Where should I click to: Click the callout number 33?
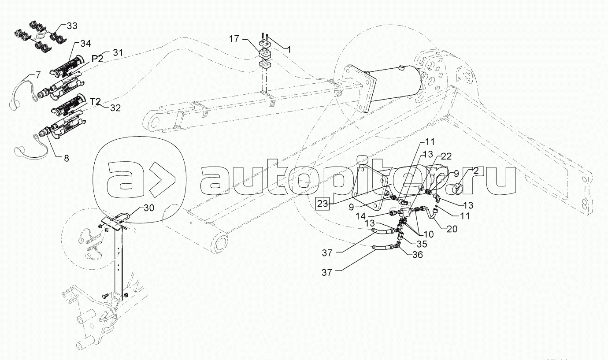pos(72,26)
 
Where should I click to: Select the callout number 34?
pos(85,43)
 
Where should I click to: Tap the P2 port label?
pos(97,59)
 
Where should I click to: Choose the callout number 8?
pos(66,158)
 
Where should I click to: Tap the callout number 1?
pos(289,50)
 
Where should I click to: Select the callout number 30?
pos(149,209)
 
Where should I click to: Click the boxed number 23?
pos(323,203)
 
